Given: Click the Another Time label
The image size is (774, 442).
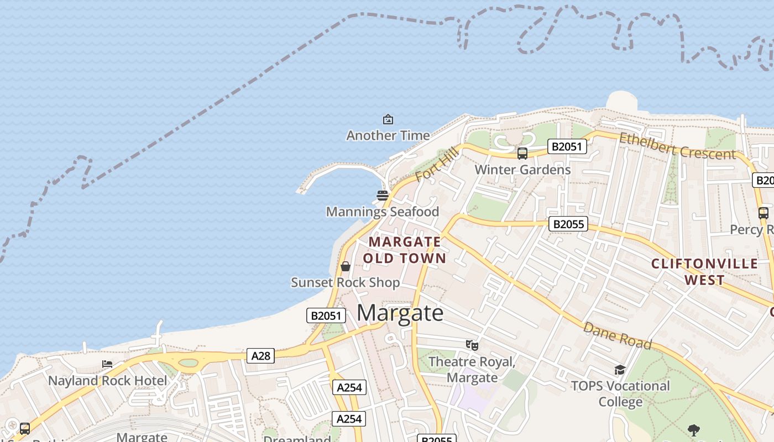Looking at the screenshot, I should point(388,135).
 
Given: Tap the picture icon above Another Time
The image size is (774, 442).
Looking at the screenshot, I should point(388,119).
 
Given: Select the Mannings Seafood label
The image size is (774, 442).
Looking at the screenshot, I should point(383,212).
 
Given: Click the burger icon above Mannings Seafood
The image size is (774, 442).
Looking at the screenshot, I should point(383,195).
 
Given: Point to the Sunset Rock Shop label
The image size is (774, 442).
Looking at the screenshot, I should point(346,282).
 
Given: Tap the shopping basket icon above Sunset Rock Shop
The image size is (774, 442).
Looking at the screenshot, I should point(346,266).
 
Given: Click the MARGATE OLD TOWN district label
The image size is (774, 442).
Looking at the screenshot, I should point(405,250).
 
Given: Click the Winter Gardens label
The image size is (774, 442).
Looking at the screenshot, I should point(522,170).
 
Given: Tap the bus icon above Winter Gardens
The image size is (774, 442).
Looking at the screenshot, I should point(522,154).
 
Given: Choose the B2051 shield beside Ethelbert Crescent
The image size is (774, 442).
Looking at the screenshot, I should point(567,146).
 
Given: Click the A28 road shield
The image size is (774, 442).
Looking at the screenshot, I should point(260,356).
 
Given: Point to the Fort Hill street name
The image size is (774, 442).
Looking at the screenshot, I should point(437,165).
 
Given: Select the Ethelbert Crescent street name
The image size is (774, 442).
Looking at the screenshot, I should point(677,146).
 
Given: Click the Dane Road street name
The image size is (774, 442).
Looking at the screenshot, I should point(618,335).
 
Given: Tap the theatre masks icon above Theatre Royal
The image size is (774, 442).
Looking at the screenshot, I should point(472,345).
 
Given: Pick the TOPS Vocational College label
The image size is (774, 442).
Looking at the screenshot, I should point(620,393).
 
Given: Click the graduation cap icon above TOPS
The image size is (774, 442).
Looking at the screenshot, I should point(620,370).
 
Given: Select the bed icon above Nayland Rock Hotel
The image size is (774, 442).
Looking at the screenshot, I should point(107,364).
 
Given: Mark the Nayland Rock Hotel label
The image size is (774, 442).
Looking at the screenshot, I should point(107,381).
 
